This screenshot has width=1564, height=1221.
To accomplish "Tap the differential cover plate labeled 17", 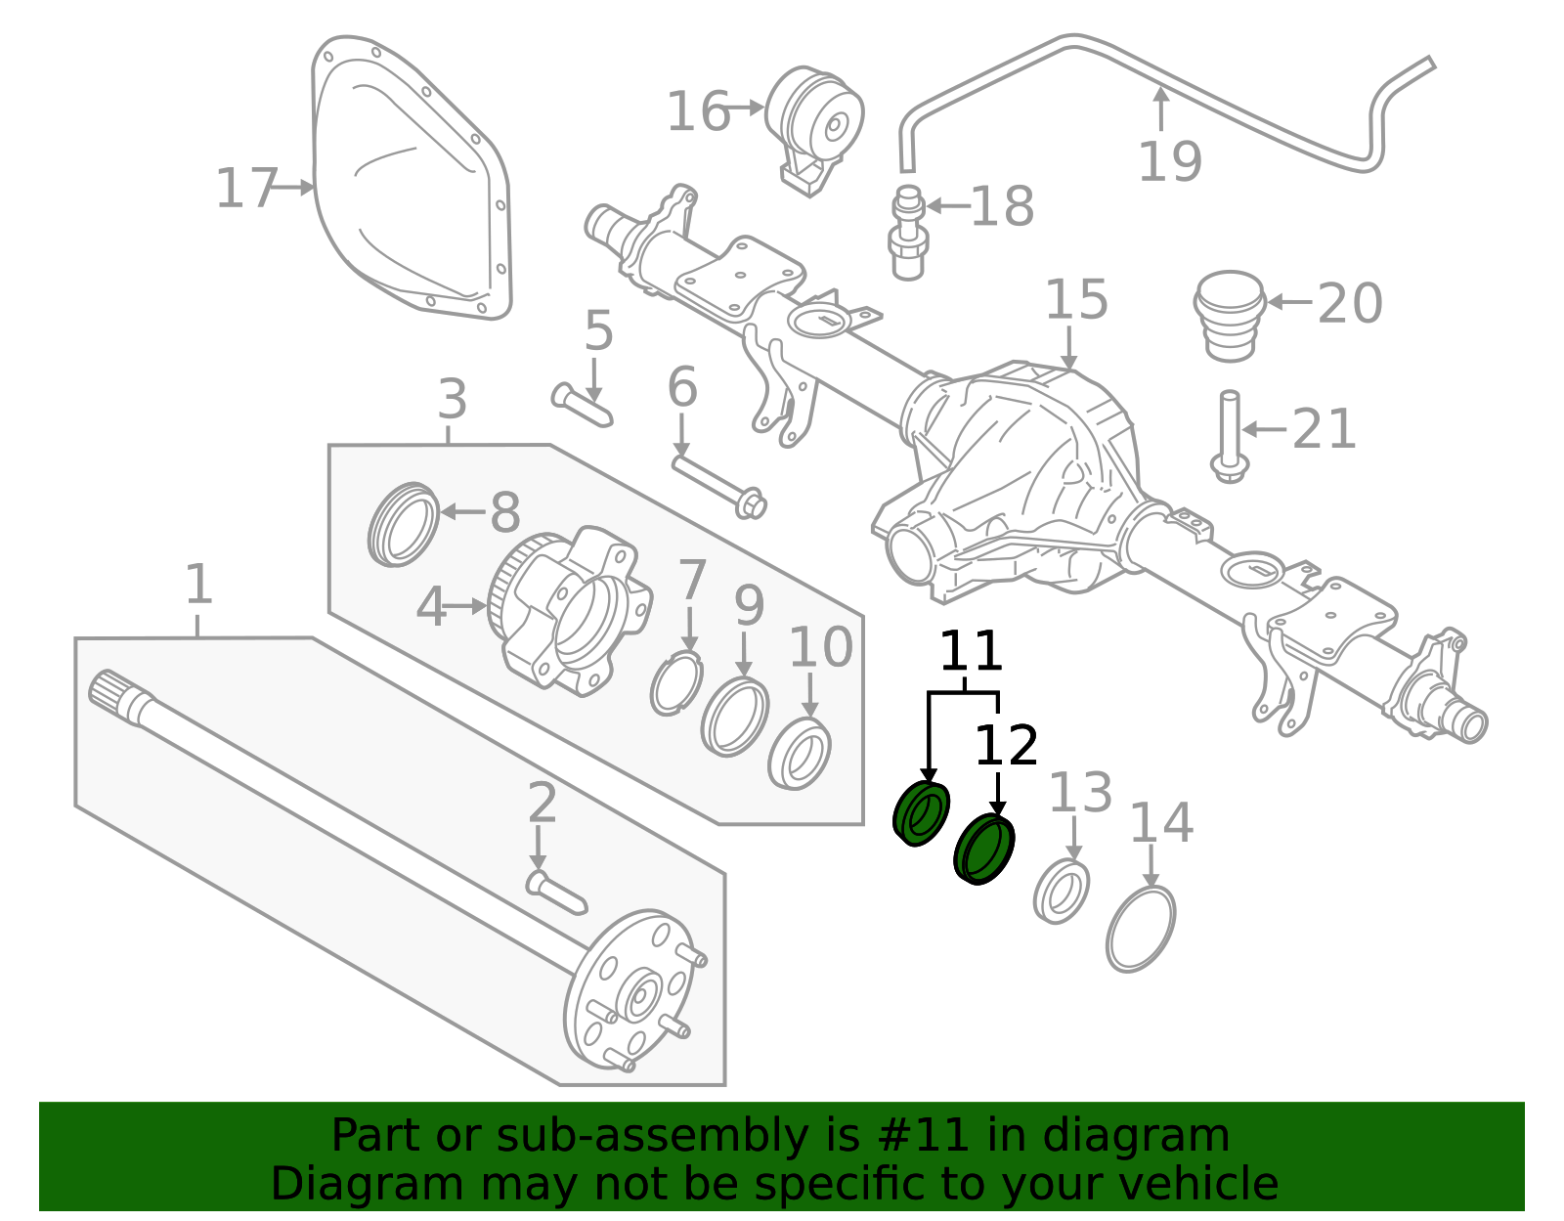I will point(411,186).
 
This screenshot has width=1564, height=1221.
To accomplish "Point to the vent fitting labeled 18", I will point(908,233).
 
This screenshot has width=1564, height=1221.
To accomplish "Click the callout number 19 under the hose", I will point(1169,161).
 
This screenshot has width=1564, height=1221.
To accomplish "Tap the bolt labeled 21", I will point(1229,435).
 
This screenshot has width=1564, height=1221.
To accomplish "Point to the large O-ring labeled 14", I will point(1141,929).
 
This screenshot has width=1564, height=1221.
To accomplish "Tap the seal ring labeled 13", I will point(1062,891).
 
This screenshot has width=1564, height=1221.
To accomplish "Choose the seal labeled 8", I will point(403,524).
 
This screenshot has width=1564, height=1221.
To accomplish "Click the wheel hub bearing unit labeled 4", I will point(572,611).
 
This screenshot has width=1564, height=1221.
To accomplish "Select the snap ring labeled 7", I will point(676,685).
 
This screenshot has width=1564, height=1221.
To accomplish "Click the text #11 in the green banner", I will point(923,1136).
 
